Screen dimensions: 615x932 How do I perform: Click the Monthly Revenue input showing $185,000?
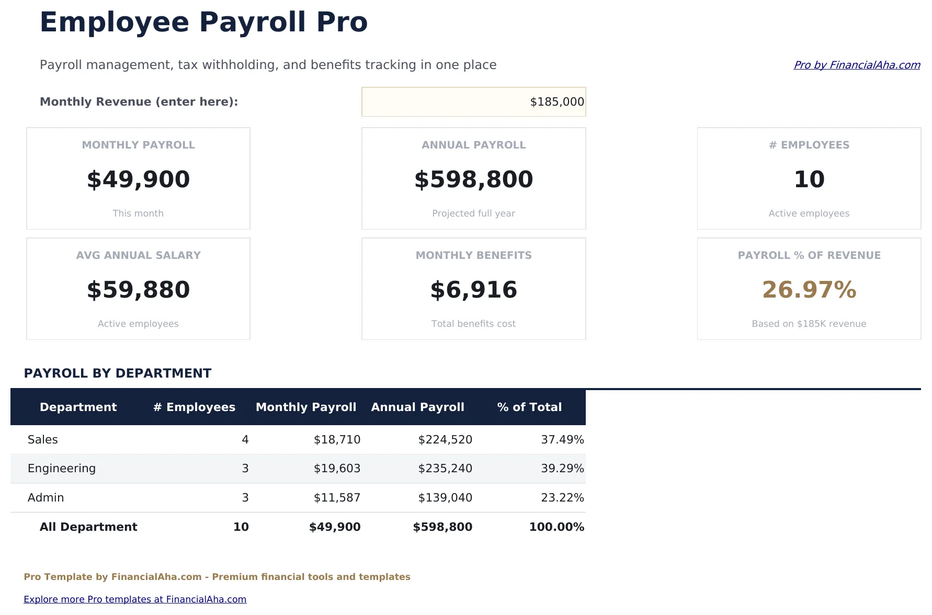pos(473,101)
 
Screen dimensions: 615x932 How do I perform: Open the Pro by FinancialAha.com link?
pos(857,65)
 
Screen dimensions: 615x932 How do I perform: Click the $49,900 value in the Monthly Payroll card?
pos(138,179)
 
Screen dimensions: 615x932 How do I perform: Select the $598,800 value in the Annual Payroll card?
pos(473,179)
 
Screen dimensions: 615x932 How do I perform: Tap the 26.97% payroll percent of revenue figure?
pos(809,290)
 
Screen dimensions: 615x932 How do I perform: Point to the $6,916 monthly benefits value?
pos(473,290)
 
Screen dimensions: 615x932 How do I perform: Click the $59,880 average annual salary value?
pos(138,290)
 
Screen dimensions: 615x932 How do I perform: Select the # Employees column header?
pos(194,407)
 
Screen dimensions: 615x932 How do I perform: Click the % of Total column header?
pos(529,407)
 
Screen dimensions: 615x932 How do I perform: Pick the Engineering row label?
pos(62,468)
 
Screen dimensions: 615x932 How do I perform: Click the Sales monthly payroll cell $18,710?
pos(337,439)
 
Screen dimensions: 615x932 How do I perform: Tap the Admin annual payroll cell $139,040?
pos(445,497)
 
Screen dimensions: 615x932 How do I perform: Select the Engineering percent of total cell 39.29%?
pos(562,468)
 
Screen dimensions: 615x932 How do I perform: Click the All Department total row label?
pos(88,527)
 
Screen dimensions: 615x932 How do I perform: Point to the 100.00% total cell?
pos(556,527)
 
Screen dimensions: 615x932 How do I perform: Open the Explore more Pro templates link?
pos(135,599)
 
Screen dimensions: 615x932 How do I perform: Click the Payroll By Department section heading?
pos(118,373)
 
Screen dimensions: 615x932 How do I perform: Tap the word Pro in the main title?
pos(342,22)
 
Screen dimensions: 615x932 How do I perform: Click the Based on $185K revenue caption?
pos(809,324)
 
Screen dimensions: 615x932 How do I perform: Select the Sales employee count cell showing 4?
pos(245,439)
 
